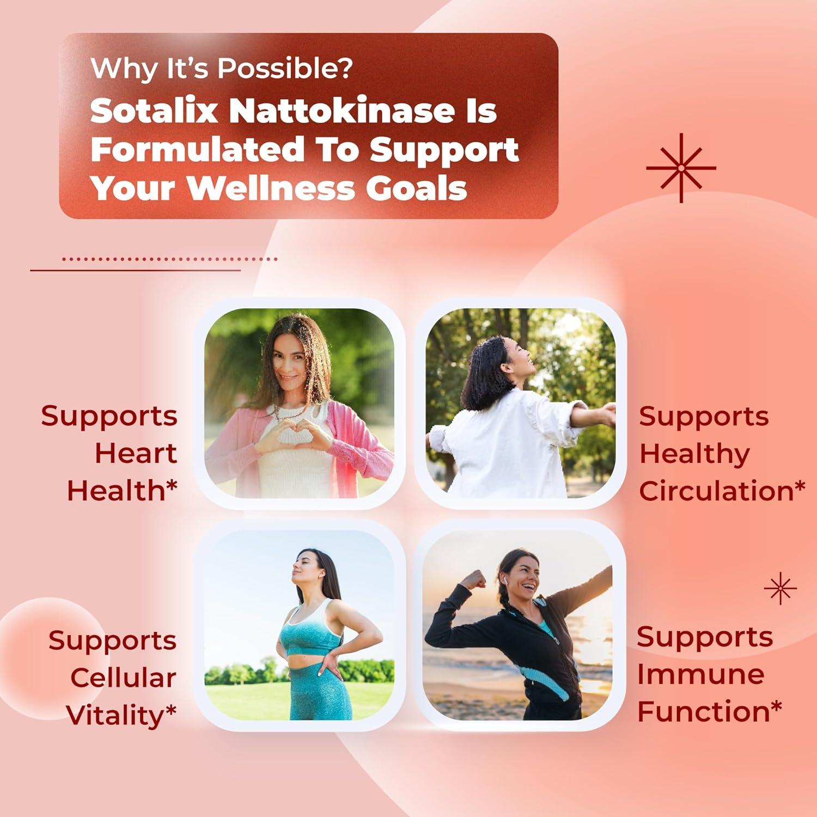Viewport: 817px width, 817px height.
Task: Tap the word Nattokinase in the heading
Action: point(341,111)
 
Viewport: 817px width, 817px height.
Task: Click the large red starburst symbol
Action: point(681,168)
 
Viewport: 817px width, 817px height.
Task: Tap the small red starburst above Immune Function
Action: point(780,588)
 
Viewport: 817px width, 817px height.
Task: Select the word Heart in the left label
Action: point(136,453)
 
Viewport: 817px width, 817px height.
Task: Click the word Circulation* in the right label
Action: point(722,490)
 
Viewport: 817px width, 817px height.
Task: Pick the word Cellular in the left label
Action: point(123,678)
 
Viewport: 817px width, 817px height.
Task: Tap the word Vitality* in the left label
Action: point(121,715)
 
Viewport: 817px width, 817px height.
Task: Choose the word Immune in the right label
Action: point(700,674)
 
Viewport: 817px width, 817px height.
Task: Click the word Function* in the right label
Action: point(710,711)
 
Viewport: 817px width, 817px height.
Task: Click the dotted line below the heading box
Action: point(170,259)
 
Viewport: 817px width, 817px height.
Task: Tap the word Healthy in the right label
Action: point(694,453)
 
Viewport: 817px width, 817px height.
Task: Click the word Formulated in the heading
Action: point(197,149)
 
